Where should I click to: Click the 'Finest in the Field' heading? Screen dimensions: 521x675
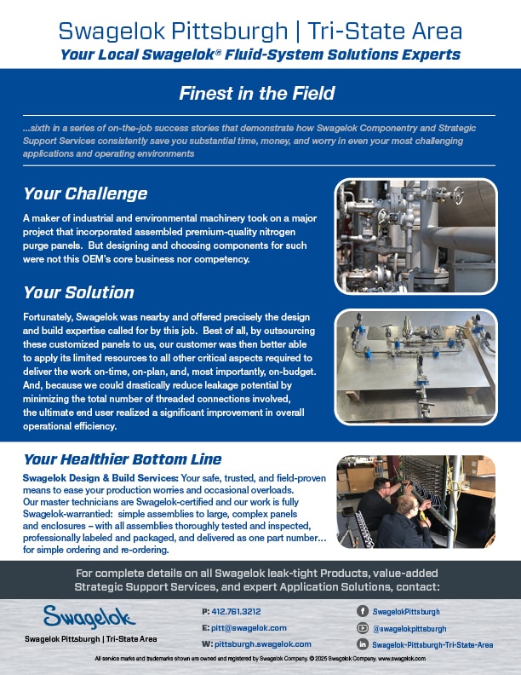[x=257, y=94]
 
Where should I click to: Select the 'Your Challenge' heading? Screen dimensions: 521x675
[x=85, y=193]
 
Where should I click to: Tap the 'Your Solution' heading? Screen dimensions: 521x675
[x=78, y=292]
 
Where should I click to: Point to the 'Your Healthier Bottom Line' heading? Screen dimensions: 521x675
[x=123, y=459]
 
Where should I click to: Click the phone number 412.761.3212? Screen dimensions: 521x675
[x=236, y=611]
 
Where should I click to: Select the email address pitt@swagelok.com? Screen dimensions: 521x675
[x=249, y=627]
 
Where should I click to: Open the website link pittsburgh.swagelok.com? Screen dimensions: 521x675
[x=263, y=644]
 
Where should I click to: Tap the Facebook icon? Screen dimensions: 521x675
[x=363, y=611]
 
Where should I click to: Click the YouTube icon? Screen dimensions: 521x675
[x=363, y=628]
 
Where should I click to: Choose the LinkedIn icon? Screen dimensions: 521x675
[x=363, y=644]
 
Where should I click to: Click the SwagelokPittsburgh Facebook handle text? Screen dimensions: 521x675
[x=406, y=612]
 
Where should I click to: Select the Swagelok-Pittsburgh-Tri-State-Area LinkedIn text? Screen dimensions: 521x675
[x=432, y=644]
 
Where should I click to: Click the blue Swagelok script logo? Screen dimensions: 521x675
[x=89, y=617]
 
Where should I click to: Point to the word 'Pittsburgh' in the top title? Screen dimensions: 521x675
[x=230, y=31]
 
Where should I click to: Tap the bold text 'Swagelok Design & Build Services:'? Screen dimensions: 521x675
[x=100, y=478]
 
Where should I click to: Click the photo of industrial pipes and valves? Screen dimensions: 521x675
[x=415, y=236]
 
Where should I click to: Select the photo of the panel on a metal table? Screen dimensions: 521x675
[x=415, y=367]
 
